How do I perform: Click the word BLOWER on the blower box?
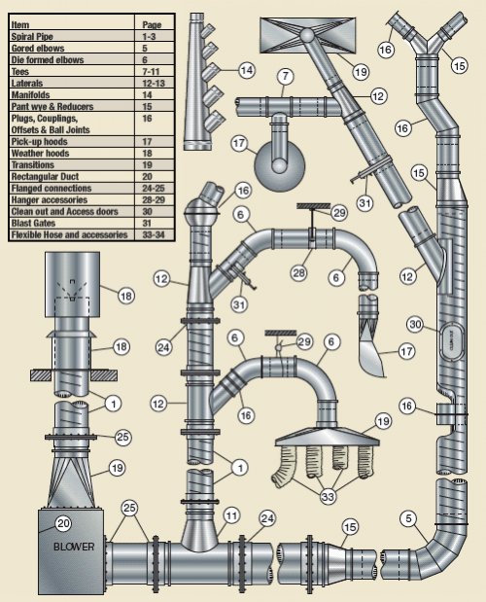pyautogui.click(x=74, y=547)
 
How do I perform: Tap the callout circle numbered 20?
pyautogui.click(x=64, y=523)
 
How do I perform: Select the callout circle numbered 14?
pyautogui.click(x=247, y=70)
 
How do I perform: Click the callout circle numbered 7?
pyautogui.click(x=285, y=77)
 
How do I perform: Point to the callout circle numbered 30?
pyautogui.click(x=415, y=325)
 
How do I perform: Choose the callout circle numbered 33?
pyautogui.click(x=328, y=497)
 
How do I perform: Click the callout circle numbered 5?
pyautogui.click(x=408, y=518)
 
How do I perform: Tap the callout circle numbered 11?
pyautogui.click(x=231, y=515)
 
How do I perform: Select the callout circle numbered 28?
pyautogui.click(x=298, y=273)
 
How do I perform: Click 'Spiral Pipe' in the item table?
pyautogui.click(x=32, y=37)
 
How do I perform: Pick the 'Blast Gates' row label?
pyautogui.click(x=33, y=223)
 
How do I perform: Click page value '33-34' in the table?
pyautogui.click(x=154, y=234)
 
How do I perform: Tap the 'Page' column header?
pyautogui.click(x=152, y=25)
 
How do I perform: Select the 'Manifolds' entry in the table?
pyautogui.click(x=31, y=95)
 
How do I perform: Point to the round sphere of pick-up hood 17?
pyautogui.click(x=280, y=166)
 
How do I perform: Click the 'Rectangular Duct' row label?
pyautogui.click(x=45, y=177)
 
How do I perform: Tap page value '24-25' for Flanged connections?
pyautogui.click(x=153, y=188)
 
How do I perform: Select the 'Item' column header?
pyautogui.click(x=20, y=25)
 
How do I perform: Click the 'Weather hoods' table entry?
pyautogui.click(x=40, y=154)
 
